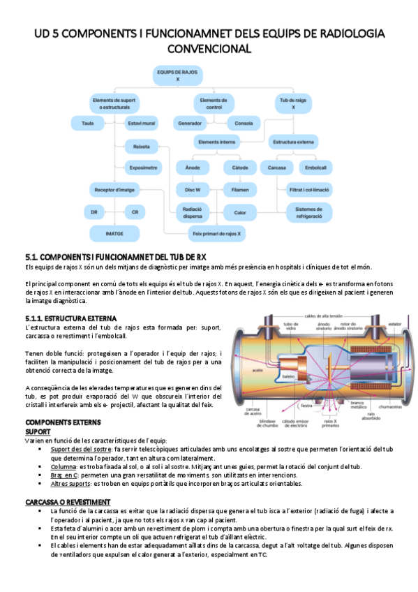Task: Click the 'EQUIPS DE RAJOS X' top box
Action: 178,75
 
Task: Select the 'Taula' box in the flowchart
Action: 88,123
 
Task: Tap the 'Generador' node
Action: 190,123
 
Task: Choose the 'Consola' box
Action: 244,123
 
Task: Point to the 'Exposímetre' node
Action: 144,167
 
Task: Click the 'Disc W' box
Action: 193,189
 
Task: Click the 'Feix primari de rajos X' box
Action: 217,233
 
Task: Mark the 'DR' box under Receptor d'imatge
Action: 94,212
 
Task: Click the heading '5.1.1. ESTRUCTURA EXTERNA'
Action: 71,318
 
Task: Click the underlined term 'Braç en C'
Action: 65,474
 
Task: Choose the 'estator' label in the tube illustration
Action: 396,323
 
